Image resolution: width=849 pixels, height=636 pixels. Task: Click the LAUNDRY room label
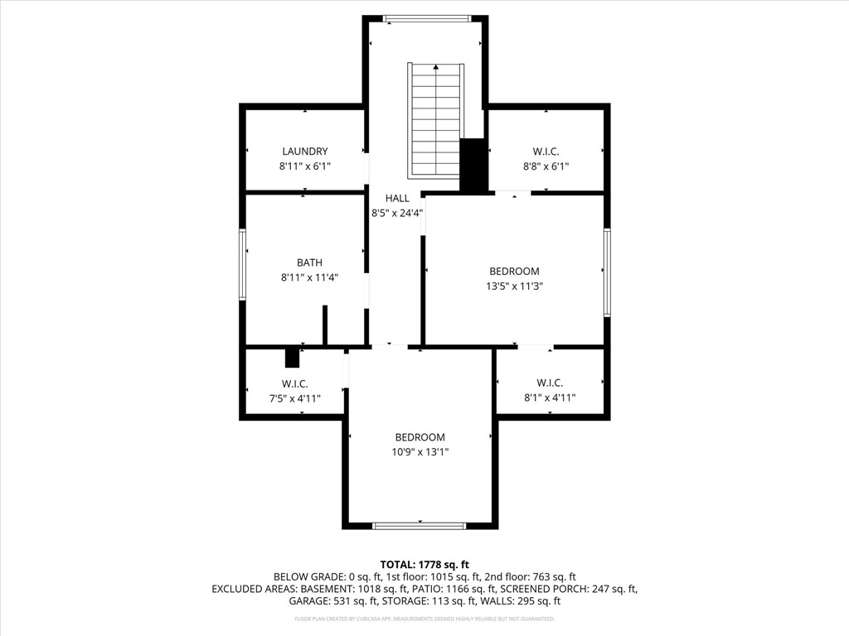[304, 152]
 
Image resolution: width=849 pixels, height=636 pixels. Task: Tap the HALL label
[397, 198]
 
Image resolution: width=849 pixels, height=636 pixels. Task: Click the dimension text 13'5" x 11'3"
[514, 287]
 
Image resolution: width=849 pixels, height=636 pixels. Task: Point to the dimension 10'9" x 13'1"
[420, 452]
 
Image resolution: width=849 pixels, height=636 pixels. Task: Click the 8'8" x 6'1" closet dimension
[545, 166]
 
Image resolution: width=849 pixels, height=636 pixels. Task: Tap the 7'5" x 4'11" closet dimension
[295, 398]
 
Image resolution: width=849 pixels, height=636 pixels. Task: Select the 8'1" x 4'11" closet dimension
[550, 397]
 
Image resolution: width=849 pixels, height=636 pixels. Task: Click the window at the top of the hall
[427, 18]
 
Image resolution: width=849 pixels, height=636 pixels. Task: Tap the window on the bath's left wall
[243, 264]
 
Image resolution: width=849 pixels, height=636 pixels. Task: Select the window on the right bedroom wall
[607, 272]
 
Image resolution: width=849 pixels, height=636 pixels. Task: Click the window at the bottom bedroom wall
[420, 525]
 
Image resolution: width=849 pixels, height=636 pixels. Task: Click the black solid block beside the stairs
[473, 166]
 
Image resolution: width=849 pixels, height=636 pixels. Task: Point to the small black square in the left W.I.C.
[292, 358]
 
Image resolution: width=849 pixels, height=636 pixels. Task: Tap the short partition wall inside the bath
[325, 325]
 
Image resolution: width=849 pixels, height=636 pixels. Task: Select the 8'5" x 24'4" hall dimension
[397, 213]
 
